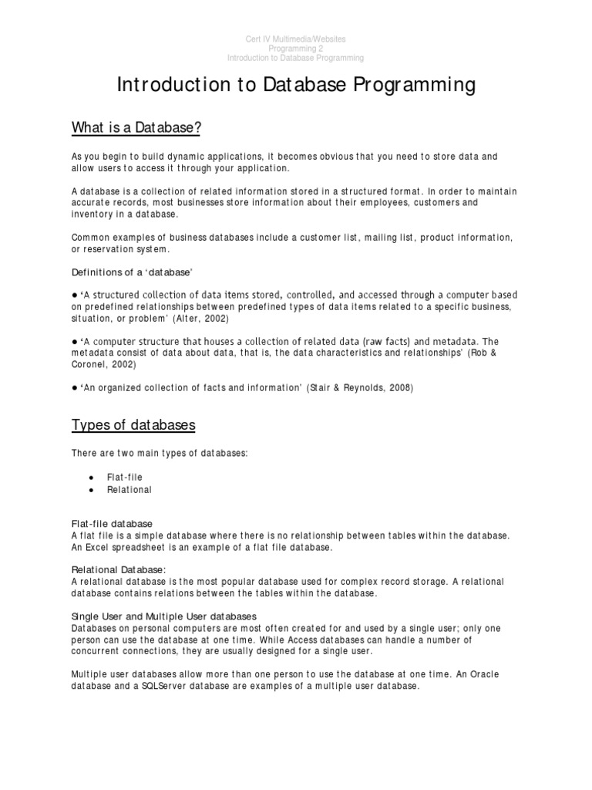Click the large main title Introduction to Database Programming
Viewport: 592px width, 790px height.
point(296,85)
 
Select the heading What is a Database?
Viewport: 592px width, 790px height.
point(140,127)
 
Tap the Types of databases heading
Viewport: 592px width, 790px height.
point(133,425)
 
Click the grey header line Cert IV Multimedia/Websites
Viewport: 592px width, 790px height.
point(296,38)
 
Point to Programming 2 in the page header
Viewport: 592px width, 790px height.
point(296,48)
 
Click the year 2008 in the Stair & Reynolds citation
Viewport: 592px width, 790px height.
point(400,388)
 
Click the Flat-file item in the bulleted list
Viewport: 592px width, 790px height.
point(125,477)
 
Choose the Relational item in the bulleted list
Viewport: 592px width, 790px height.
point(129,490)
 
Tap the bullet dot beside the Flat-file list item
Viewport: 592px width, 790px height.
point(91,478)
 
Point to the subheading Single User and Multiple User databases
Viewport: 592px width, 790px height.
point(163,616)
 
